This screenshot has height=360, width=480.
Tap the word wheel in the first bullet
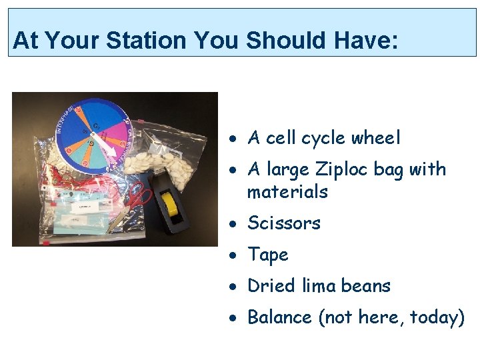(376, 138)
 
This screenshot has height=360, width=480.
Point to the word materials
(287, 192)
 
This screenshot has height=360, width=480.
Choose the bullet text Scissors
(284, 223)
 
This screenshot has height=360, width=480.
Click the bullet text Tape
(268, 255)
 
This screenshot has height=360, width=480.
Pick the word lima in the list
(318, 286)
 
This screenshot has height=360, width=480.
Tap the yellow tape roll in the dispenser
(172, 207)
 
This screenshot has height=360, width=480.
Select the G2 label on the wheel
(97, 125)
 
